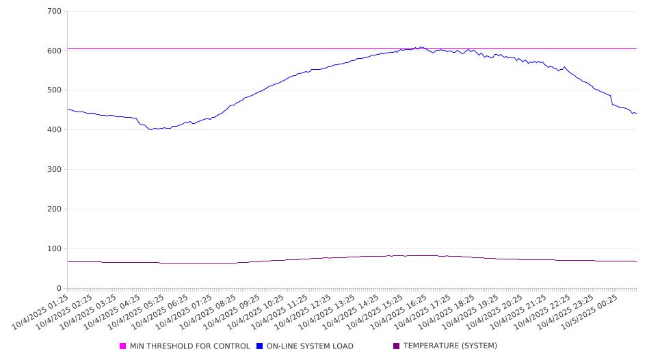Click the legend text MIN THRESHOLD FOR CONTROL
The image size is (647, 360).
(x=189, y=346)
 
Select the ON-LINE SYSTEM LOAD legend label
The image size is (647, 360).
(x=310, y=346)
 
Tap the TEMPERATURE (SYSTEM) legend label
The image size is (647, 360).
(x=449, y=346)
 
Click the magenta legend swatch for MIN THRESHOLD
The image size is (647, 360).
(x=123, y=346)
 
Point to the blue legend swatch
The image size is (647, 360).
(x=260, y=346)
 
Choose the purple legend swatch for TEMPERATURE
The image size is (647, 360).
(x=397, y=346)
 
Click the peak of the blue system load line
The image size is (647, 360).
(x=421, y=47)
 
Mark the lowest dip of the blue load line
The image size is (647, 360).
(x=150, y=129)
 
